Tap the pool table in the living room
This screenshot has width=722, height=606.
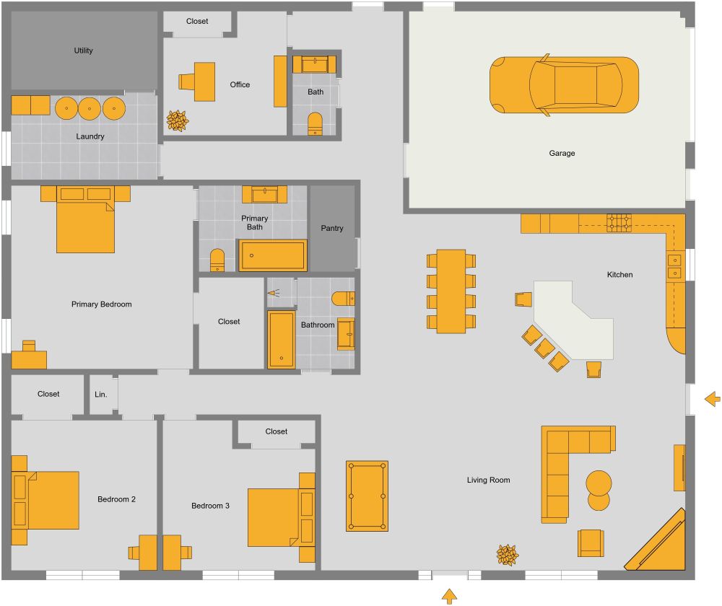pyautogui.click(x=367, y=496)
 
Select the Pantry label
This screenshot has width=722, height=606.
pyautogui.click(x=332, y=228)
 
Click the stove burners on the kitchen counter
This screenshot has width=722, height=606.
pyautogui.click(x=619, y=222)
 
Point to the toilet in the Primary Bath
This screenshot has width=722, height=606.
pyautogui.click(x=217, y=260)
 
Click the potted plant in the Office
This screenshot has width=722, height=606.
pyautogui.click(x=177, y=120)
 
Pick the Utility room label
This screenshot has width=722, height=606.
pyautogui.click(x=84, y=50)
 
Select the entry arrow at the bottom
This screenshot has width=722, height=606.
pyautogui.click(x=449, y=596)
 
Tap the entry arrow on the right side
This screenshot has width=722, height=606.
pyautogui.click(x=713, y=398)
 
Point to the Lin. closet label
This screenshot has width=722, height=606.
pyautogui.click(x=101, y=394)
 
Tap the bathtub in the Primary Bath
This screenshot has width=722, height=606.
pyautogui.click(x=273, y=255)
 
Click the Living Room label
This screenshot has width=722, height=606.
pyautogui.click(x=489, y=480)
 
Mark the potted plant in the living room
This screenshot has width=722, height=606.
pyautogui.click(x=507, y=554)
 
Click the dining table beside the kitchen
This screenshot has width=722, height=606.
pyautogui.click(x=451, y=291)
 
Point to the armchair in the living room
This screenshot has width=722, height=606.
pyautogui.click(x=591, y=543)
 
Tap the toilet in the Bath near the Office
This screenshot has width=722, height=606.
pyautogui.click(x=316, y=123)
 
